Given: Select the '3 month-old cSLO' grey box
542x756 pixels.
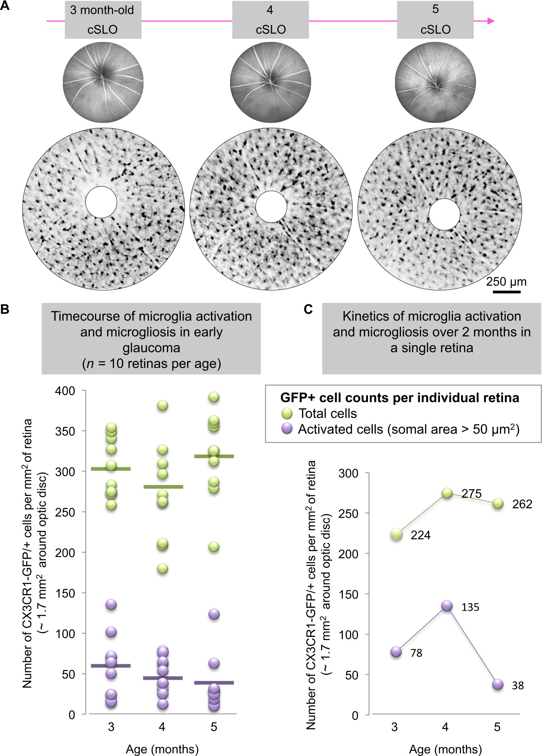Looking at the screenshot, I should [103, 20].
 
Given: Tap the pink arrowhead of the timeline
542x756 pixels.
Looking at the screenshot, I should [491, 21].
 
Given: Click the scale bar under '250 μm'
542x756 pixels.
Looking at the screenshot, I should [507, 292].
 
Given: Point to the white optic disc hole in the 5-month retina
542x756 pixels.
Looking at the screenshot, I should [444, 214].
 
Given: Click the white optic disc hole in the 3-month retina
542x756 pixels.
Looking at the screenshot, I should [101, 202].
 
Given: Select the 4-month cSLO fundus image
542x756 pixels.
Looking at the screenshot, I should [270, 83].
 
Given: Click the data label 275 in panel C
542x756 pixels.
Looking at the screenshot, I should [472, 494].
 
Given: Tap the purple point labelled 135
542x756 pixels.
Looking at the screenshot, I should [447, 606].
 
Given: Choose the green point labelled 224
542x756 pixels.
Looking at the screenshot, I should [396, 534].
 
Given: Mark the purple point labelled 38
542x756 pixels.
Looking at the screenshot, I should [497, 685].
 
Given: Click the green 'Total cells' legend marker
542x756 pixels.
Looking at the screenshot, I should [286, 413].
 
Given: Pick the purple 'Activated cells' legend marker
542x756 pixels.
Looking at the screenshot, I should [286, 429].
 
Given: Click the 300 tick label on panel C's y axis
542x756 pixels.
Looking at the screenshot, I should [348, 473].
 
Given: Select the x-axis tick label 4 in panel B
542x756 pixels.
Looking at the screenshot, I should [162, 727].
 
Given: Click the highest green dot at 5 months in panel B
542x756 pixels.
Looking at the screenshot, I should [214, 397].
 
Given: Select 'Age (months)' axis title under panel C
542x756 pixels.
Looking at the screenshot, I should [445, 749].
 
